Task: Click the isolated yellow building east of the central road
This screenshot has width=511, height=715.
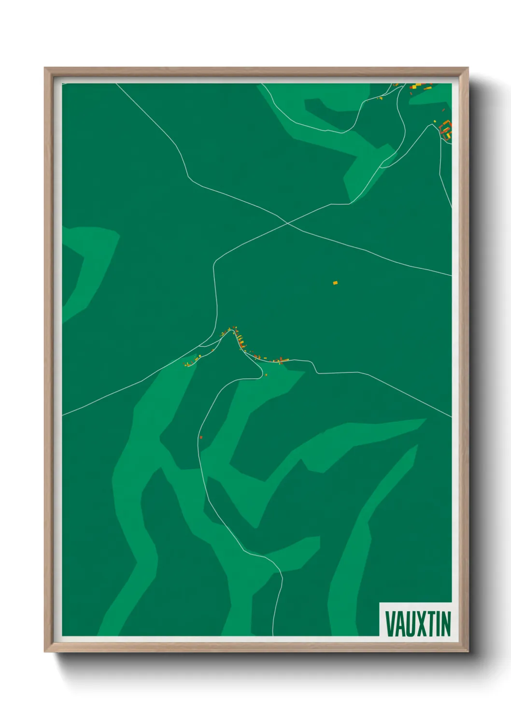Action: pos(335,283)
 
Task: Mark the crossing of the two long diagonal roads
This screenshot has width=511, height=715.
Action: pos(287,223)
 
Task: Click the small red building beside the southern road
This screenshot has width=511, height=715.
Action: pos(201,437)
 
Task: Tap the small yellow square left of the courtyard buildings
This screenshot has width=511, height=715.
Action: pos(435,121)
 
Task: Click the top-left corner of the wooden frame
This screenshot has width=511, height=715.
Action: pos(45,69)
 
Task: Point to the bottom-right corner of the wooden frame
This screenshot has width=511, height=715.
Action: pos(468,651)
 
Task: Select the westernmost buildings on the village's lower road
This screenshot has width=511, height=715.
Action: pos(188,363)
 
